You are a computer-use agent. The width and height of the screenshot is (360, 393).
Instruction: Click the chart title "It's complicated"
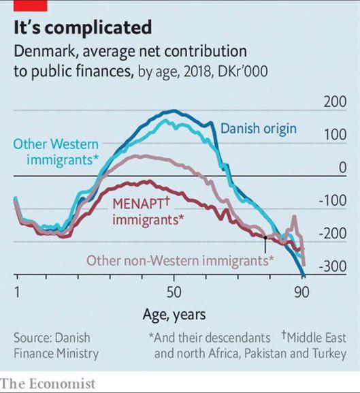pos(82,28)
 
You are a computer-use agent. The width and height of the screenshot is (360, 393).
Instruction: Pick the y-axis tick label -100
pos(333,201)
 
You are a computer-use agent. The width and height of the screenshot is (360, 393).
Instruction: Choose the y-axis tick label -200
pos(333,234)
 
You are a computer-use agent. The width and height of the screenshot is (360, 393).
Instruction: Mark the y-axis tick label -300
pos(333,266)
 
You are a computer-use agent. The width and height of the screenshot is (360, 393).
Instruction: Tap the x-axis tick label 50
pos(174,292)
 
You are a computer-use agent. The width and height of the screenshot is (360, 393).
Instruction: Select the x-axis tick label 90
pos(302,292)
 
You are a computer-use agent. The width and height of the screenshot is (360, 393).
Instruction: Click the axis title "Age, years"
pos(174,315)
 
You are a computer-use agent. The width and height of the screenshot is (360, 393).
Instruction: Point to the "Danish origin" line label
pos(258,128)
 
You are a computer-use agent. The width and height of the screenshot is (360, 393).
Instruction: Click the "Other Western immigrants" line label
pos(56,152)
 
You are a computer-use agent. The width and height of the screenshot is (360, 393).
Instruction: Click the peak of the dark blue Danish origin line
pos(174,110)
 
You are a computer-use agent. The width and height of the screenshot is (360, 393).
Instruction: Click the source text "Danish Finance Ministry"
pos(56,345)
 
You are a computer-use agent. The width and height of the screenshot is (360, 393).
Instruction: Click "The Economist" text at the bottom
pos(48,383)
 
